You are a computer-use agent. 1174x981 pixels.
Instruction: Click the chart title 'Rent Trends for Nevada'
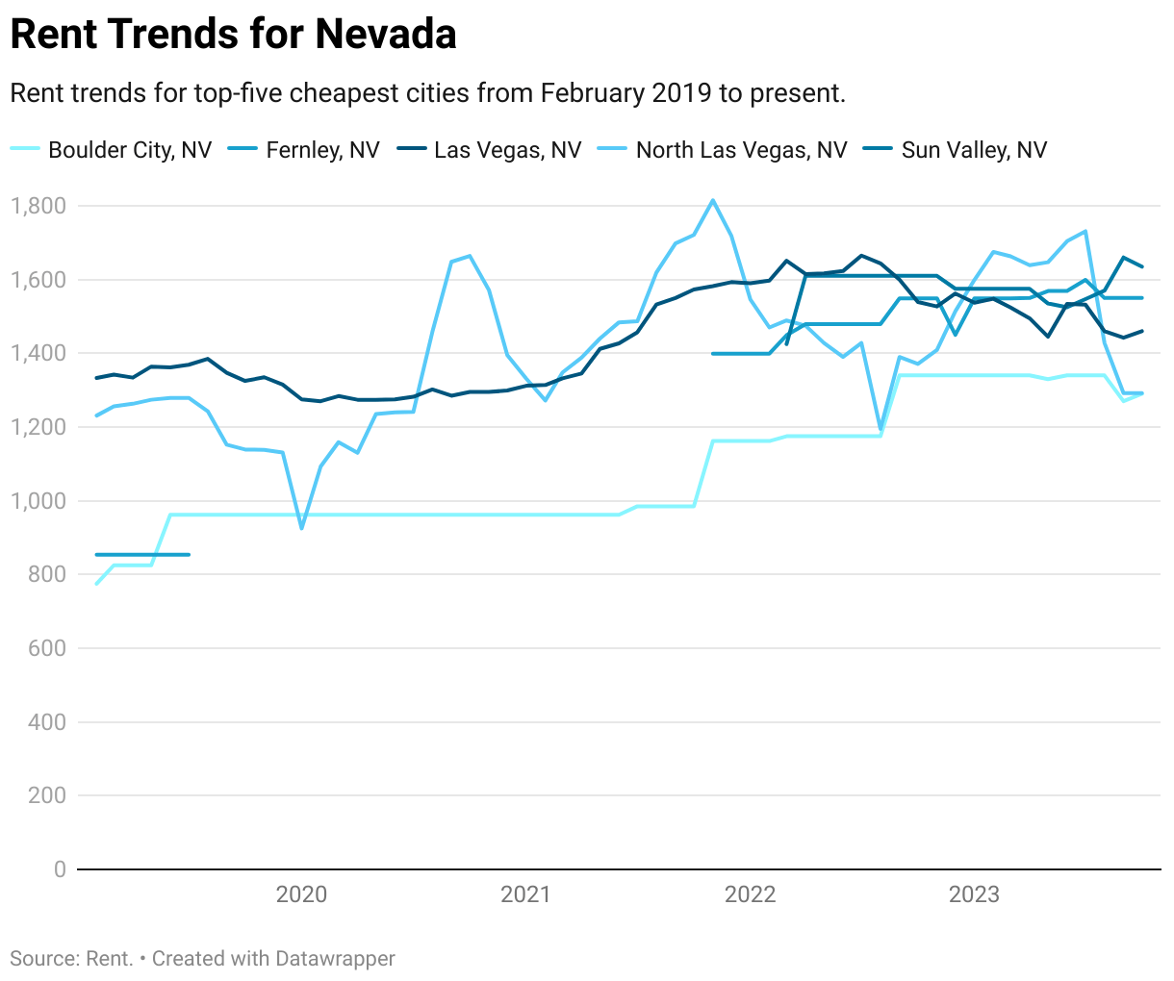click(233, 35)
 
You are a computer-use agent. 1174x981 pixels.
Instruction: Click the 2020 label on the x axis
click(301, 895)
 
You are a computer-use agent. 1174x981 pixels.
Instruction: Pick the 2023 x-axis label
click(974, 895)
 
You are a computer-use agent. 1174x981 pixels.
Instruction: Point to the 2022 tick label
click(750, 895)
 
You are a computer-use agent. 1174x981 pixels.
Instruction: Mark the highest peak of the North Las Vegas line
click(712, 201)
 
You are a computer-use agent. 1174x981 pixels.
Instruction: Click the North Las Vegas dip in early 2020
click(301, 528)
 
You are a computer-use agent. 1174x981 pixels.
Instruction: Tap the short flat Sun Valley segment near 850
click(141, 555)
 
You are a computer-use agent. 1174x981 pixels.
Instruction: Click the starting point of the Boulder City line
click(96, 584)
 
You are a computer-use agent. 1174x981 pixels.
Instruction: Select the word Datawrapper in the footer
click(335, 959)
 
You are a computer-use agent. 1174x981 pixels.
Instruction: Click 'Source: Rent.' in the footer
click(71, 959)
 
